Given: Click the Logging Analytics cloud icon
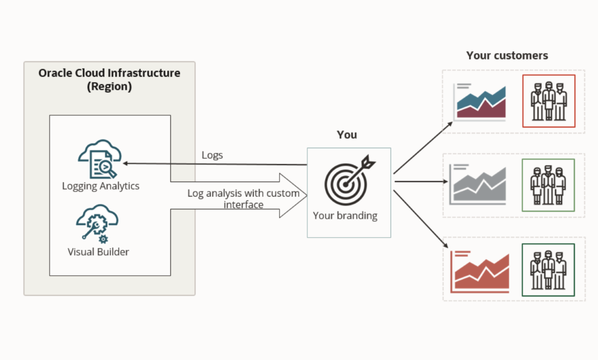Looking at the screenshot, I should tap(99, 159).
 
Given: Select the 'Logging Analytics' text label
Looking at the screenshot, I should tap(101, 186).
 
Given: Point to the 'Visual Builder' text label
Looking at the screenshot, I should tap(98, 252).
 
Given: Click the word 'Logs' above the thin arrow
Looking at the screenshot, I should tap(212, 155).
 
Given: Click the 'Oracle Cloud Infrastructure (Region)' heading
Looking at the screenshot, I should tap(109, 79).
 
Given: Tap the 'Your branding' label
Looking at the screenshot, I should tap(345, 216).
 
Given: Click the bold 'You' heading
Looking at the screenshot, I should tap(347, 135).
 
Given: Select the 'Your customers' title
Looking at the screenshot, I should tap(507, 55).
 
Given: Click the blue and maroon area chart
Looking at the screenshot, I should tap(480, 102).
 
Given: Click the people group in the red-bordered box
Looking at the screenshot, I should tap(549, 101).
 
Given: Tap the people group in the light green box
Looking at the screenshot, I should tap(548, 185).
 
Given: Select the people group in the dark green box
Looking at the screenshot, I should tap(548, 270).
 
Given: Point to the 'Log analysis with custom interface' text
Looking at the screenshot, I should tap(243, 198).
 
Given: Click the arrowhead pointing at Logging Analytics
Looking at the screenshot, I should tap(126, 163).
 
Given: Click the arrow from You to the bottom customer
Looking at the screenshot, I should tap(423, 220).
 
